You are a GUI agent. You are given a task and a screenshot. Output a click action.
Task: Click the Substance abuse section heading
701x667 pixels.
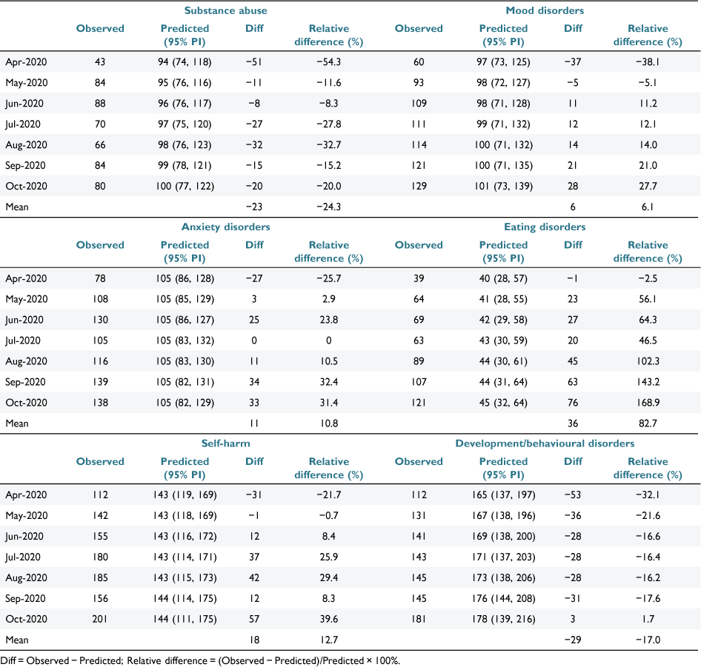(x=226, y=10)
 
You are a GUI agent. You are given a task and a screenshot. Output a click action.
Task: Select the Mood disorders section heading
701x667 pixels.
(x=545, y=10)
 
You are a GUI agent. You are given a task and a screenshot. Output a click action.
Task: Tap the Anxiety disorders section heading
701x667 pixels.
(x=226, y=227)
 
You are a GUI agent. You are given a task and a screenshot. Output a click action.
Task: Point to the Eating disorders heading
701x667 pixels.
(x=545, y=227)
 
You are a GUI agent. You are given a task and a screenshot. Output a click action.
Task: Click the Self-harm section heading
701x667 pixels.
(x=226, y=443)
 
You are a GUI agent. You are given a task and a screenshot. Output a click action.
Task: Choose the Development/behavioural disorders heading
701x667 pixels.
(x=545, y=443)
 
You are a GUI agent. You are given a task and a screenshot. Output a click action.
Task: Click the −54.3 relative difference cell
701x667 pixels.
(x=328, y=62)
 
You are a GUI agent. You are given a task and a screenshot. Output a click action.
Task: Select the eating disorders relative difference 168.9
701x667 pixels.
(x=648, y=403)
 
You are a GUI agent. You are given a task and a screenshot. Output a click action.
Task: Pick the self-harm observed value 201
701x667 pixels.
(x=100, y=619)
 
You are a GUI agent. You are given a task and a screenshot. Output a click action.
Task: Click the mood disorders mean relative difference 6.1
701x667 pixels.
(x=648, y=207)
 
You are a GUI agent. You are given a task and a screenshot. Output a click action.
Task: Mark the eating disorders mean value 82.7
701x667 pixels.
(x=648, y=423)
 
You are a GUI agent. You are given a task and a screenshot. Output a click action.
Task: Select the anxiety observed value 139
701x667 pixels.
(x=100, y=382)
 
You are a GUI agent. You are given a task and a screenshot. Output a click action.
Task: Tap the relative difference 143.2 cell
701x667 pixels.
(x=648, y=382)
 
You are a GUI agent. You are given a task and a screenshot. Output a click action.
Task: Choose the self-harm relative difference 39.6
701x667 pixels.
(x=328, y=619)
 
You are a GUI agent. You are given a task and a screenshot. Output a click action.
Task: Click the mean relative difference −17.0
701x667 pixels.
(x=648, y=640)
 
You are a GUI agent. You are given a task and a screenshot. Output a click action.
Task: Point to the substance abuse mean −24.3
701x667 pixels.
(x=328, y=207)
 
